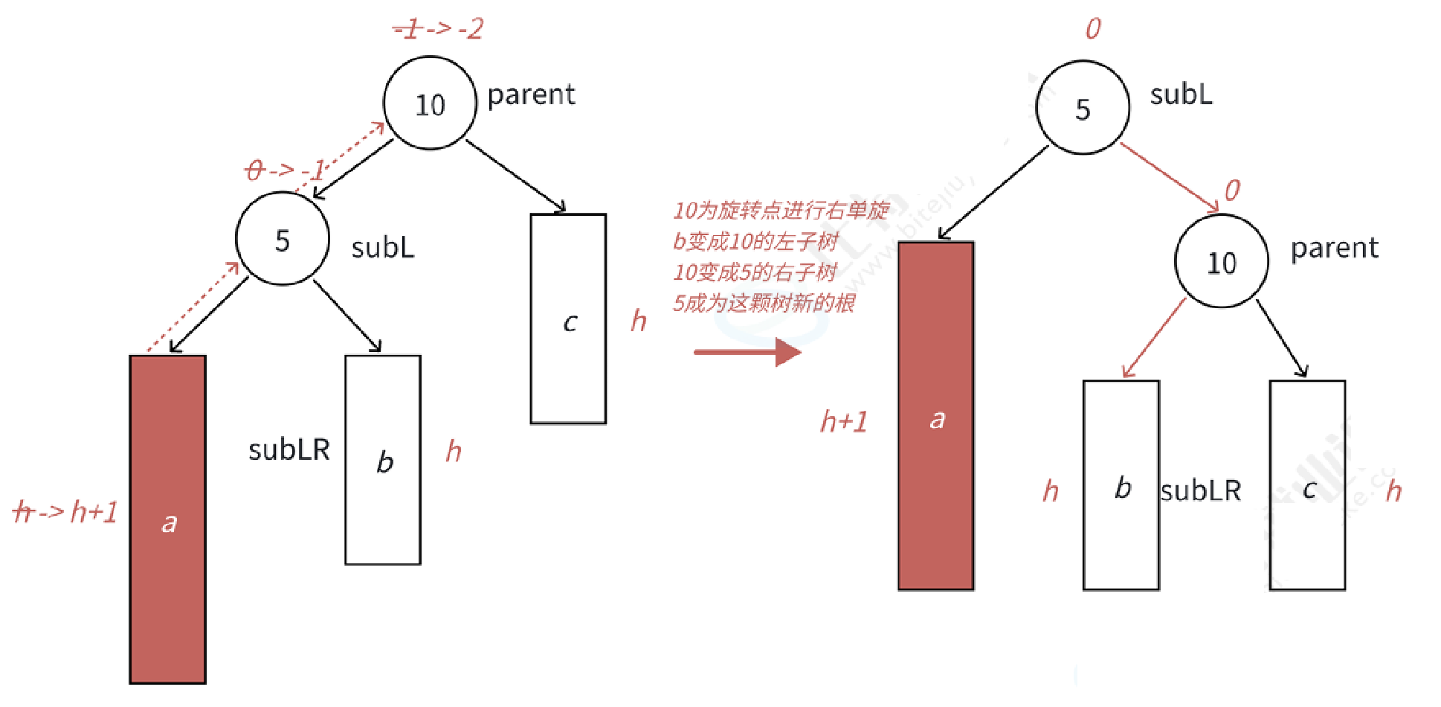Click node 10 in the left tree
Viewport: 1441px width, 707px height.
pos(430,103)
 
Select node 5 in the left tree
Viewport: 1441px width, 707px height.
pos(283,239)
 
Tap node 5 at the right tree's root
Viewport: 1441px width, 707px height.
pos(1083,108)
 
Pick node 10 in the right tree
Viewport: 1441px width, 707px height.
pos(1221,261)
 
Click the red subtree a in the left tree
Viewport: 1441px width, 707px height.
pos(168,519)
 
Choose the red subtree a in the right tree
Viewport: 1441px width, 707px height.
pos(936,416)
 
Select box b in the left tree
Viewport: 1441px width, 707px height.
pos(383,459)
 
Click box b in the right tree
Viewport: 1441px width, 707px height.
pos(1121,485)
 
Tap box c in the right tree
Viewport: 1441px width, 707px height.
pos(1307,485)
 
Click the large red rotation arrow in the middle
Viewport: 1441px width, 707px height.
pos(747,351)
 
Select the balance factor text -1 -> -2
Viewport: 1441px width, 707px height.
pos(439,30)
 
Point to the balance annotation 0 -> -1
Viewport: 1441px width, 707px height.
pos(286,170)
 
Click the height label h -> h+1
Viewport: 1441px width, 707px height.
pos(66,512)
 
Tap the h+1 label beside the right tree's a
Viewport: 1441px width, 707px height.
pos(844,422)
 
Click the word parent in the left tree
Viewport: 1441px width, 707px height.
pos(531,95)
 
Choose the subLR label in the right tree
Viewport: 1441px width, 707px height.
pos(1201,491)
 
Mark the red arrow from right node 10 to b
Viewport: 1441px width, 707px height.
pos(1153,339)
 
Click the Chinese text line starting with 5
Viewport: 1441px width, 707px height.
pos(764,303)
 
